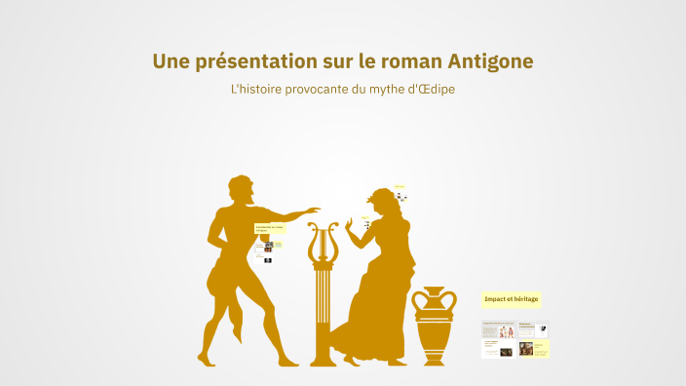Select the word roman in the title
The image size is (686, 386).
click(405, 61)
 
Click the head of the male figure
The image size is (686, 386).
click(241, 189)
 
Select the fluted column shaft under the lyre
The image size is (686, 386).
click(323, 312)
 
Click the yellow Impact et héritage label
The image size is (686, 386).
click(511, 298)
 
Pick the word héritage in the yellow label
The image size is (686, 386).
click(524, 298)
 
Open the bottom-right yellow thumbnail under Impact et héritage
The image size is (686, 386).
click(533, 348)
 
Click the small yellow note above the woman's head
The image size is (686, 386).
click(400, 186)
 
